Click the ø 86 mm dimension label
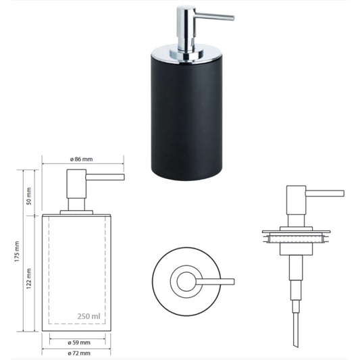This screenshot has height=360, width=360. (x=82, y=159)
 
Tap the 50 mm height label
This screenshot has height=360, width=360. (x=28, y=196)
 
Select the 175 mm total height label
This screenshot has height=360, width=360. (x=17, y=251)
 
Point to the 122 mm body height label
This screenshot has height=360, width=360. (x=28, y=278)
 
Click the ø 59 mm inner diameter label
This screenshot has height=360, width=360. (x=79, y=343)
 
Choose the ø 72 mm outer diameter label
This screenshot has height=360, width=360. (x=79, y=353)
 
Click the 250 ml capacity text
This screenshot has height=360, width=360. (x=88, y=316)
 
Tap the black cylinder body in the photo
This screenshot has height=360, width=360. (x=186, y=117)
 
